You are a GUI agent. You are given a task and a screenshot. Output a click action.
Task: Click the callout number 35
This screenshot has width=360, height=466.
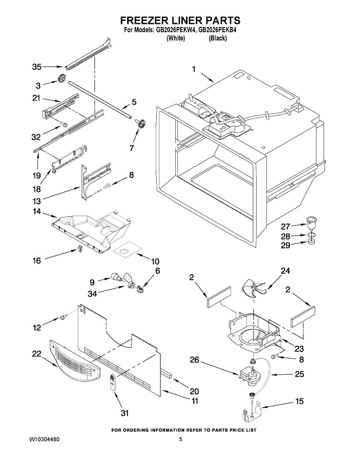click(37, 67)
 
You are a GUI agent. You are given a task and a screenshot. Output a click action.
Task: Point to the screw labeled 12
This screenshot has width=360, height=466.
click(63, 318)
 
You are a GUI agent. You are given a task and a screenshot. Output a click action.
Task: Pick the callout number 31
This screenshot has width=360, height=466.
click(125, 413)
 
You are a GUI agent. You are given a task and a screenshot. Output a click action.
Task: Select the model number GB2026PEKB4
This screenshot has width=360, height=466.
click(217, 30)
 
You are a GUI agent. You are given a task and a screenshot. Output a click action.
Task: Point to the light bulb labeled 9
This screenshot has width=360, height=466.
click(116, 277)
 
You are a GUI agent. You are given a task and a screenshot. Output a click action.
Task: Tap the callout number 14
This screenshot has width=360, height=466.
click(37, 212)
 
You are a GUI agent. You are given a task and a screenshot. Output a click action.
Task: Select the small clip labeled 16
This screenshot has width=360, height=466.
click(79, 248)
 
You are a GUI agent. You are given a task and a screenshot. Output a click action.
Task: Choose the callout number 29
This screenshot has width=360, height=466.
click(285, 245)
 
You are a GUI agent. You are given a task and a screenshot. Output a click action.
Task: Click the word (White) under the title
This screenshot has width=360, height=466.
click(176, 38)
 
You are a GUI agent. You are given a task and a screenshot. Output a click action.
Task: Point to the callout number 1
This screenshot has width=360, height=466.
click(194, 69)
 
